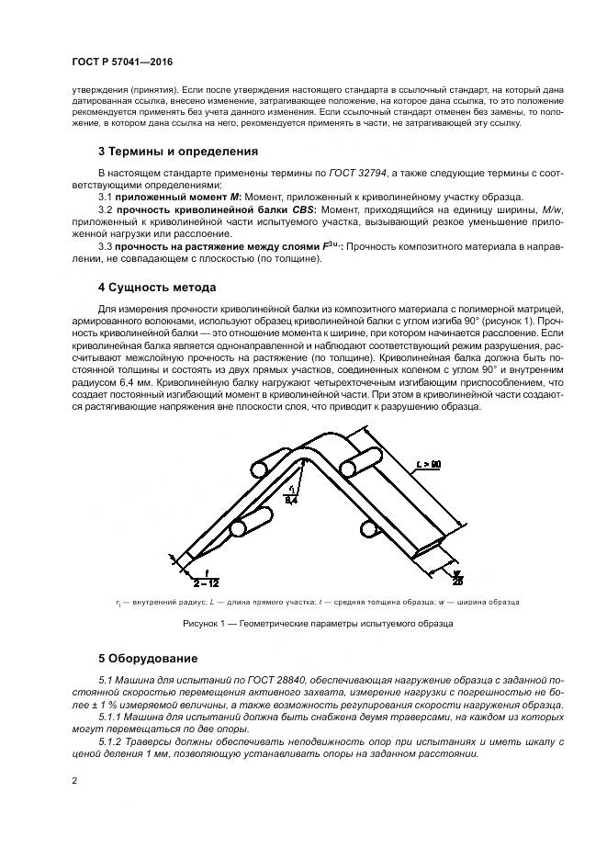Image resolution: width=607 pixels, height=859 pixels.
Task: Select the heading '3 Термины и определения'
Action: pyautogui.click(x=178, y=151)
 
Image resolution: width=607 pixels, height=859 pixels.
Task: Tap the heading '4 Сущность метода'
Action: pyautogui.click(x=157, y=287)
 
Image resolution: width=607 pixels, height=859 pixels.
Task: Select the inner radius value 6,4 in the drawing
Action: pyautogui.click(x=291, y=501)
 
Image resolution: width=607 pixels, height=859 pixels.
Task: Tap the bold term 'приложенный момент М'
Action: pyautogui.click(x=173, y=197)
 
